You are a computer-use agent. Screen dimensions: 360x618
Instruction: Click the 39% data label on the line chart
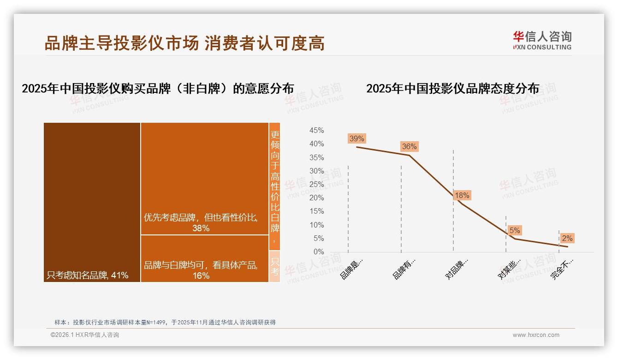pos(357,138)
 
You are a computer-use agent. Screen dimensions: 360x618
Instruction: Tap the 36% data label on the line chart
pos(409,147)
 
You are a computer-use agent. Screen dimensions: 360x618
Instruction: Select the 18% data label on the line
pos(462,196)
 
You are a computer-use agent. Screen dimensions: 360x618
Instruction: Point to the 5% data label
pos(515,230)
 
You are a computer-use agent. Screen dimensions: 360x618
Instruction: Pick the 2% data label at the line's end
pos(567,238)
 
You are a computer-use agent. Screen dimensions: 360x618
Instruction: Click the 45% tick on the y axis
pos(316,131)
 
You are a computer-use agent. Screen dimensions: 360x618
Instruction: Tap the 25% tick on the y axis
pos(316,185)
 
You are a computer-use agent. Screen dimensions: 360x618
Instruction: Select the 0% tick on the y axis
pos(319,252)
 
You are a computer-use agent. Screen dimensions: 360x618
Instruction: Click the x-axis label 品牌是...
pos(352,268)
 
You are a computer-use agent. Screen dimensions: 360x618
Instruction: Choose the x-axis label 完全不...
pos(563,269)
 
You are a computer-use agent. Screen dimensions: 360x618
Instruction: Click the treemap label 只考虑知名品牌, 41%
pos(87,276)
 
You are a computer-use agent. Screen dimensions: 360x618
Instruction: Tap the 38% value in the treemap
pos(201,228)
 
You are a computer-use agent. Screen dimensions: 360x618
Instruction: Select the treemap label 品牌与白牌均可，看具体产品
pos(201,265)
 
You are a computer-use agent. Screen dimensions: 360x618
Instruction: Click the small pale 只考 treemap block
pos(275,266)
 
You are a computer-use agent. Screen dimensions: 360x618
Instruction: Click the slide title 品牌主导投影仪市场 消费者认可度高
pos(184,43)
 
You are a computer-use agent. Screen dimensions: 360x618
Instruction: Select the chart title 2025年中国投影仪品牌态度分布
pos(452,89)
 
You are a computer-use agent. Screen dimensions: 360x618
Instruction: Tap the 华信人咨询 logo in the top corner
pos(542,40)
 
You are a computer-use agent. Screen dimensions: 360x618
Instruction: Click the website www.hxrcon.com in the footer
pos(536,335)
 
